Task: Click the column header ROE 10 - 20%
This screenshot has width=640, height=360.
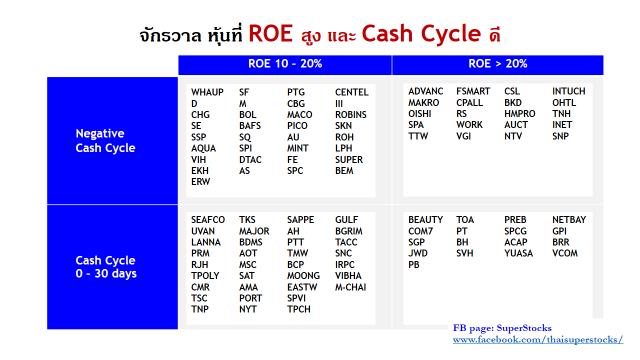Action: click(x=285, y=64)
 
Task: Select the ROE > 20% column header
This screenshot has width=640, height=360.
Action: click(x=498, y=64)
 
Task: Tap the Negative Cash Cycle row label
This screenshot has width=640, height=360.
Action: click(x=105, y=140)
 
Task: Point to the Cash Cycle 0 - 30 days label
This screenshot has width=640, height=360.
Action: click(x=106, y=267)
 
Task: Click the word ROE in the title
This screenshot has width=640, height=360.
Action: click(x=271, y=33)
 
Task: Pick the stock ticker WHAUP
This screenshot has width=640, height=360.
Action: click(x=207, y=92)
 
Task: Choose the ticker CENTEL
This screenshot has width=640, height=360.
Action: click(x=352, y=92)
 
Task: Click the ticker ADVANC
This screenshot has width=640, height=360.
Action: click(x=426, y=91)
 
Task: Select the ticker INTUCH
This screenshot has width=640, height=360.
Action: click(x=569, y=91)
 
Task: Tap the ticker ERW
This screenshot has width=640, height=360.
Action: click(x=200, y=182)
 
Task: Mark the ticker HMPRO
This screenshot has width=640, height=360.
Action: click(x=520, y=113)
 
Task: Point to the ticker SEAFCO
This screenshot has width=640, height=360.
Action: click(x=208, y=220)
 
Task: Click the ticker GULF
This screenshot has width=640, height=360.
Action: click(x=347, y=220)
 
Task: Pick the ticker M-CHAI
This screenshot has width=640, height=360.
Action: click(x=351, y=287)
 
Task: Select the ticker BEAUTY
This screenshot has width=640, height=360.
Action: click(x=425, y=220)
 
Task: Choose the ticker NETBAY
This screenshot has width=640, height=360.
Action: click(x=569, y=220)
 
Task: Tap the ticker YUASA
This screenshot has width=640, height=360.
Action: click(x=518, y=253)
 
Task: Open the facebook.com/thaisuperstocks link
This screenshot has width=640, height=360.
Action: click(x=538, y=340)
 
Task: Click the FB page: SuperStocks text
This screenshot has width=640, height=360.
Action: click(x=502, y=328)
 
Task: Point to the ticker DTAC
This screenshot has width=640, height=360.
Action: click(x=250, y=160)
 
